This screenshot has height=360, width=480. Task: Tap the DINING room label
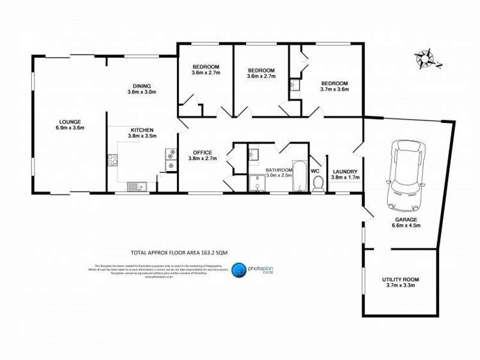(x=142, y=86)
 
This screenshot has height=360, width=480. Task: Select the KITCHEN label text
(x=142, y=129)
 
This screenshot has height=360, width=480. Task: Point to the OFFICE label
(x=200, y=152)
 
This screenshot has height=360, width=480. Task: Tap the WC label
(x=315, y=171)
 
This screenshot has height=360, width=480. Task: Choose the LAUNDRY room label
(x=345, y=171)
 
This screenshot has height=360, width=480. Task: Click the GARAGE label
(x=406, y=219)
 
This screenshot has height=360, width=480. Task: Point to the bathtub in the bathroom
(x=299, y=176)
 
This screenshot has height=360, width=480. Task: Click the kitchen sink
(x=137, y=186)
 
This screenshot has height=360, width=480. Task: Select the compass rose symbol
(x=424, y=59)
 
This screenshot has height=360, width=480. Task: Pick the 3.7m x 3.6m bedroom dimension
(x=334, y=90)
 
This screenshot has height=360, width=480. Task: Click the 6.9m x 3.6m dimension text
(x=71, y=128)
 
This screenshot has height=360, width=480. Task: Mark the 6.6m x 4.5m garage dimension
(x=406, y=225)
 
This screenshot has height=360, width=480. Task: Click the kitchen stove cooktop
(x=170, y=159)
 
